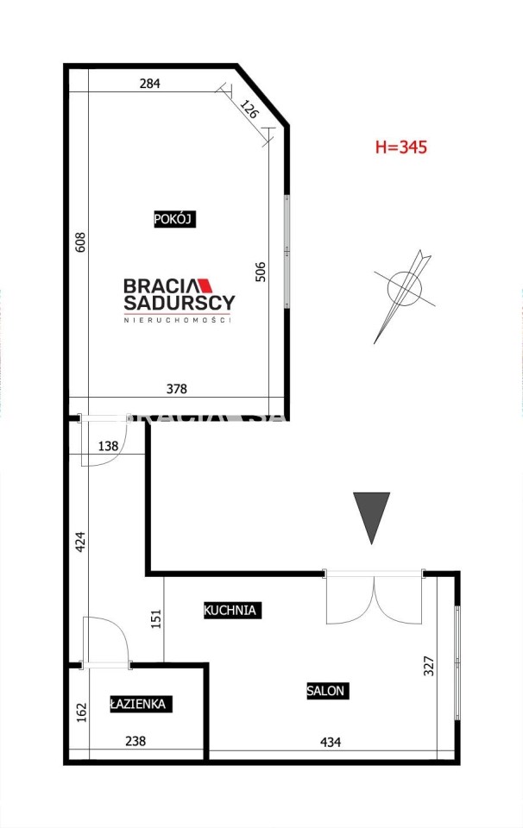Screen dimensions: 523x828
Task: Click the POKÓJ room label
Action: (x=174, y=219)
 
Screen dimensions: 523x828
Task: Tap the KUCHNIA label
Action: (x=230, y=611)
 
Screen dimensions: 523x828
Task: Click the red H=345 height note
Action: (x=401, y=147)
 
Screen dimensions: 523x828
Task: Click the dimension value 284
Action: (x=149, y=84)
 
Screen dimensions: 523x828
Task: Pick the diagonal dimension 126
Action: (x=249, y=109)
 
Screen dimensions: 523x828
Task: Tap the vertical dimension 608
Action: (x=80, y=241)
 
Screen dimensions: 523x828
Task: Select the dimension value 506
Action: (x=261, y=272)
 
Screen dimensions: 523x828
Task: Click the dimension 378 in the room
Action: (x=176, y=389)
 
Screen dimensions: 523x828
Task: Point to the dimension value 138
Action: (x=108, y=446)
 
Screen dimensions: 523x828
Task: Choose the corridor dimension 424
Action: (x=80, y=542)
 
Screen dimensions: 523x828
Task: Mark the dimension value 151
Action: (x=156, y=619)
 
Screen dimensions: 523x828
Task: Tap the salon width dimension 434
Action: (x=331, y=743)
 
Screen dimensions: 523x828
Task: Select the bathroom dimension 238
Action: (x=135, y=742)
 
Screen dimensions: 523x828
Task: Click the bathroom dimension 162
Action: (x=81, y=712)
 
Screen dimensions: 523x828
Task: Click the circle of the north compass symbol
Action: (x=405, y=289)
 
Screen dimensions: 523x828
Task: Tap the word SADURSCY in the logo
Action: (x=180, y=303)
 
